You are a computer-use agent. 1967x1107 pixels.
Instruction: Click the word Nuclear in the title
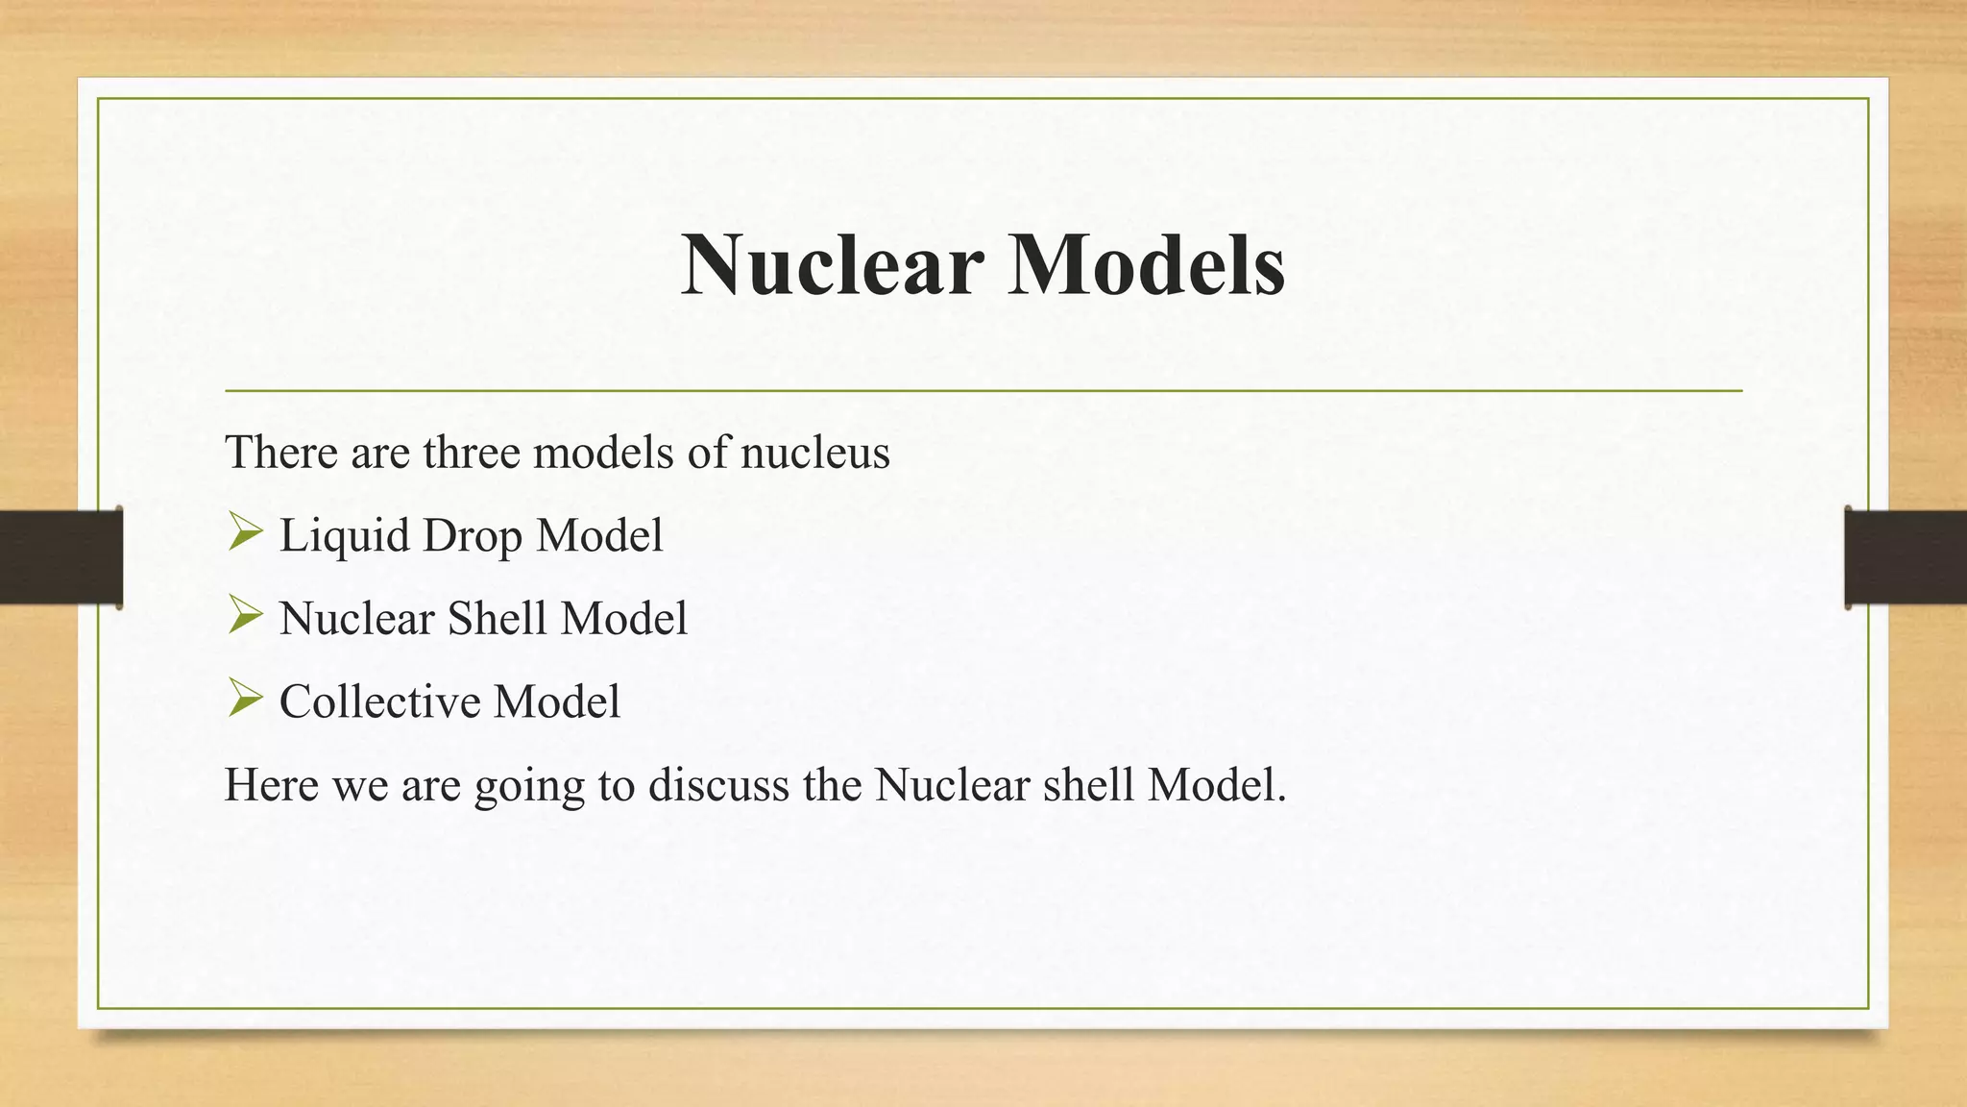tap(832, 265)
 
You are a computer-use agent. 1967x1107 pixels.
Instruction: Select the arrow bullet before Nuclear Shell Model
tap(245, 616)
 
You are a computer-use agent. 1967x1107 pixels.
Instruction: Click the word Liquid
tap(344, 536)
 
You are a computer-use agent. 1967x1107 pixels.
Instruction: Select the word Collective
tap(378, 701)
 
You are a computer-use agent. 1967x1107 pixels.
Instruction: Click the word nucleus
tap(814, 452)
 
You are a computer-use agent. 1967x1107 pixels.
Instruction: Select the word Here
tap(271, 785)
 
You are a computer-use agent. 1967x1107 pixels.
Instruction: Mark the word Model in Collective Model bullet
tap(556, 701)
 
